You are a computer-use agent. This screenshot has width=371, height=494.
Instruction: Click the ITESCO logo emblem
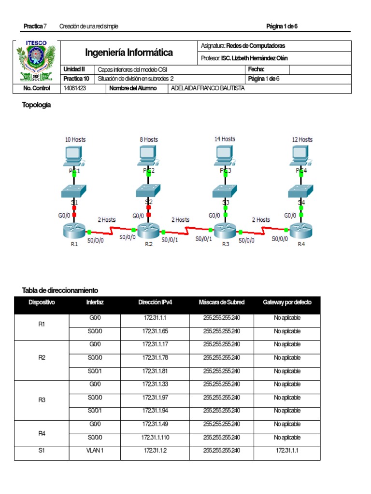37,61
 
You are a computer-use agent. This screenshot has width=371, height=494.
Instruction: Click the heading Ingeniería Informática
129,52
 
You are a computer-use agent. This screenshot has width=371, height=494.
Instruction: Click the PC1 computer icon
74,155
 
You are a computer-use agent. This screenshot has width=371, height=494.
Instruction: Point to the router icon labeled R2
148,230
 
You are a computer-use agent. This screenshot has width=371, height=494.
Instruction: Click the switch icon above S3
225,191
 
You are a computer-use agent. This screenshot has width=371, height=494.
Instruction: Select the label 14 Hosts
225,139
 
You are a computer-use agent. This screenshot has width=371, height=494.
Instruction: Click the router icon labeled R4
301,229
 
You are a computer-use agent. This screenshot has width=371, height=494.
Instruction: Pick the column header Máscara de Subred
221,302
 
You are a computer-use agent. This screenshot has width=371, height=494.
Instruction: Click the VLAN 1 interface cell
94,450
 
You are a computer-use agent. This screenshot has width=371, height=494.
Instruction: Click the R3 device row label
42,400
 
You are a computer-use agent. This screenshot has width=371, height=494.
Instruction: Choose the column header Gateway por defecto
287,302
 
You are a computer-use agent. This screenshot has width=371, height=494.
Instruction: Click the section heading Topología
36,105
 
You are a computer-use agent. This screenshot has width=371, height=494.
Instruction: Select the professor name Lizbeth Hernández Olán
257,58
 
